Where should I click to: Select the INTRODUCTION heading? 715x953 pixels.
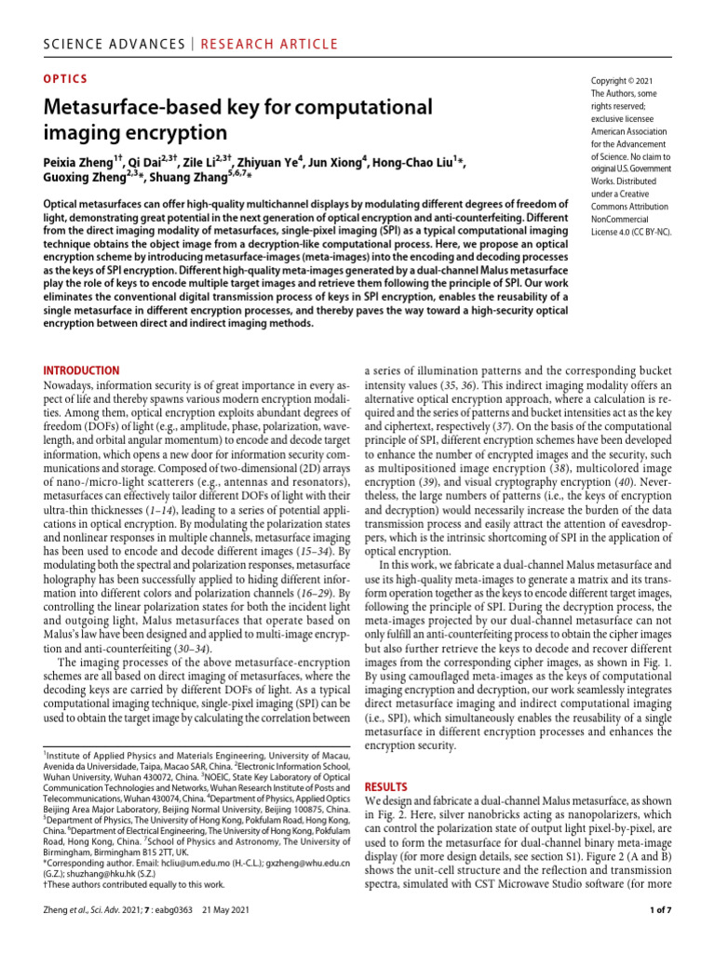coord(82,370)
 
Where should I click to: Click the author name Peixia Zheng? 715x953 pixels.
coord(84,162)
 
